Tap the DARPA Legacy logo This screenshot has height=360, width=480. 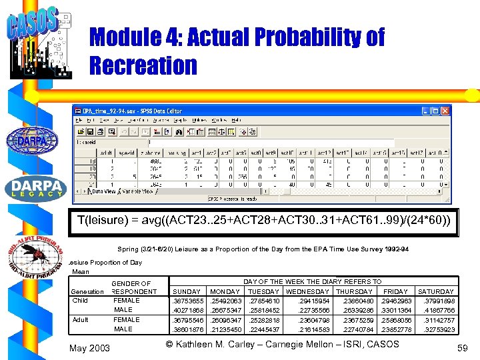35,189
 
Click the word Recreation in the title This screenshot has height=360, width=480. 143,65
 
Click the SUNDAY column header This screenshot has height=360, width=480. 187,291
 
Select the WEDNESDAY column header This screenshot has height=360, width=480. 309,291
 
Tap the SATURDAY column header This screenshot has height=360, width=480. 435,291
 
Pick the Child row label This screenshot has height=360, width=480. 79,300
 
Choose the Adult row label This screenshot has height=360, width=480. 79,319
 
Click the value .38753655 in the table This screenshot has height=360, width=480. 188,301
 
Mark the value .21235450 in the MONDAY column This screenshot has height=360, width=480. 226,329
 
